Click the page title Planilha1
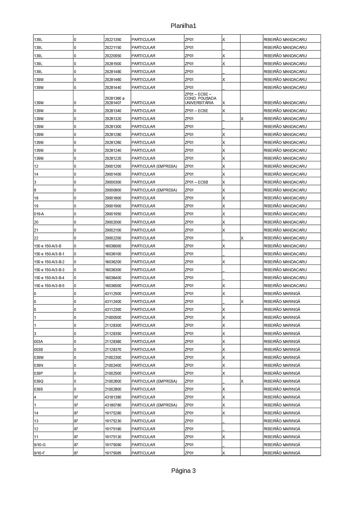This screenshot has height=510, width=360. tap(183, 26)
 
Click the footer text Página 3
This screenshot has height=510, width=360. tap(183, 471)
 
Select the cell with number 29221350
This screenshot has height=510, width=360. tap(113, 40)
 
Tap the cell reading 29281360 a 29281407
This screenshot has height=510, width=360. tap(115, 101)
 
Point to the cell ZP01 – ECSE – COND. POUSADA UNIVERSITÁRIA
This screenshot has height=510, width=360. tap(200, 98)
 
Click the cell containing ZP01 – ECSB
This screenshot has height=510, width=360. tap(196, 182)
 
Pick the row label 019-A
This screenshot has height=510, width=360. tap(39, 214)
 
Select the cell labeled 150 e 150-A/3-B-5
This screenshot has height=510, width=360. tap(49, 286)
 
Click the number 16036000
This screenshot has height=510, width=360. tap(113, 246)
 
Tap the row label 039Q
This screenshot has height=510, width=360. tap(39, 381)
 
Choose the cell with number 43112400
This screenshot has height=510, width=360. tap(113, 302)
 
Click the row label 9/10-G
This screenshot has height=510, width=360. tap(40, 445)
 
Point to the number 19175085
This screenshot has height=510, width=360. tap(113, 453)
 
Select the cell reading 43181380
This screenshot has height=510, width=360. tap(113, 397)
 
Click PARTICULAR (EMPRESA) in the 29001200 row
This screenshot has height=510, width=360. tap(154, 166)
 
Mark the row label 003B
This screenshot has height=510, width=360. tap(38, 350)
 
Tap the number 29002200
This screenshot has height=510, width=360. tap(113, 238)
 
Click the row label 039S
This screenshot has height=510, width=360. tap(38, 389)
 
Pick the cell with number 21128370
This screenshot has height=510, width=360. tap(113, 350)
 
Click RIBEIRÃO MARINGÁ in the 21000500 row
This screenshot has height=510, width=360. tap(282, 318)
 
